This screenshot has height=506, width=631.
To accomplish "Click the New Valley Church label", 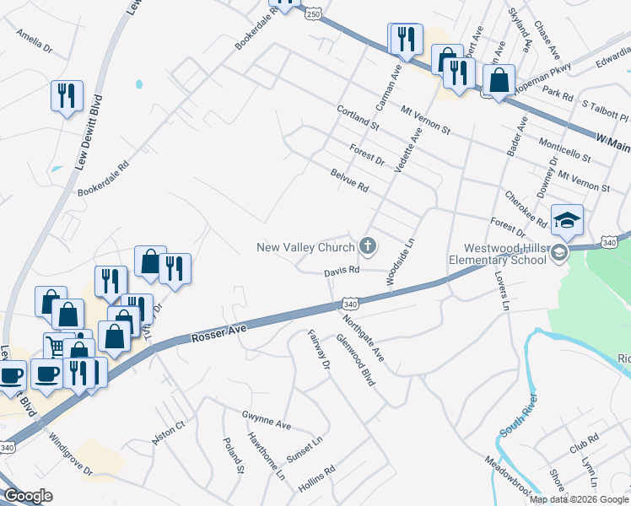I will point(305,247).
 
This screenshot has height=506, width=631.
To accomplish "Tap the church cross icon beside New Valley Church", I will point(367,246).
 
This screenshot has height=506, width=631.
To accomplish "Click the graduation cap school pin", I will point(567,221).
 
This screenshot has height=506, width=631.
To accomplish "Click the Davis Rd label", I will point(342,272).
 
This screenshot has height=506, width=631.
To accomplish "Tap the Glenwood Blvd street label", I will point(355,358).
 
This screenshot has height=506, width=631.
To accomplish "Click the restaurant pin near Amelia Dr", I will point(66,95).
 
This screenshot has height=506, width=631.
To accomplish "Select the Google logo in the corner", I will point(28,496).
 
